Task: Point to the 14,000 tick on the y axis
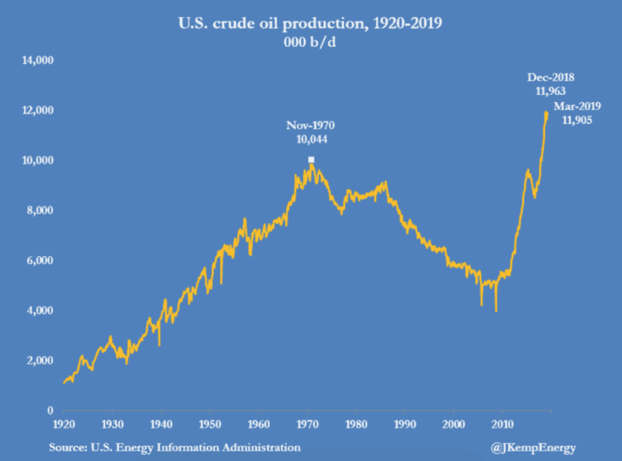click(37, 61)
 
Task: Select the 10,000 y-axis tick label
click(37, 160)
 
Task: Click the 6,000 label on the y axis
click(40, 261)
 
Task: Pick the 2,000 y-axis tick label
click(40, 361)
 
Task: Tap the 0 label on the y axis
click(50, 411)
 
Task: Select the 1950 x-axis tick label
click(210, 424)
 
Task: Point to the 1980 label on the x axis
click(356, 424)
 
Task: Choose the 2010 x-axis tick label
click(503, 424)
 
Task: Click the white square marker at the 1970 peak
click(311, 160)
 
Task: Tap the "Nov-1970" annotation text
click(310, 126)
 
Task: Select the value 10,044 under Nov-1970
click(310, 139)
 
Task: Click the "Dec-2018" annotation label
click(551, 78)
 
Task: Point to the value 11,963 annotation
click(551, 92)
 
